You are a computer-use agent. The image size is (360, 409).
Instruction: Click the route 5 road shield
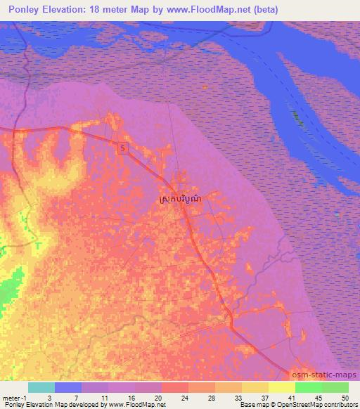[x=124, y=148]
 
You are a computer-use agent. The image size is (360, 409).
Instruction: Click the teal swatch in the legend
[x=41, y=387]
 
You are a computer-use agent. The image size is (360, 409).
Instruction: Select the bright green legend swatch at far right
[x=335, y=387]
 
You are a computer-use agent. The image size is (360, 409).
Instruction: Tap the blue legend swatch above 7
[x=68, y=387]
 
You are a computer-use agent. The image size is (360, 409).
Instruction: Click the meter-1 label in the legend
[x=14, y=397]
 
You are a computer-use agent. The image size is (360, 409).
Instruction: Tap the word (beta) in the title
[x=265, y=10]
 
